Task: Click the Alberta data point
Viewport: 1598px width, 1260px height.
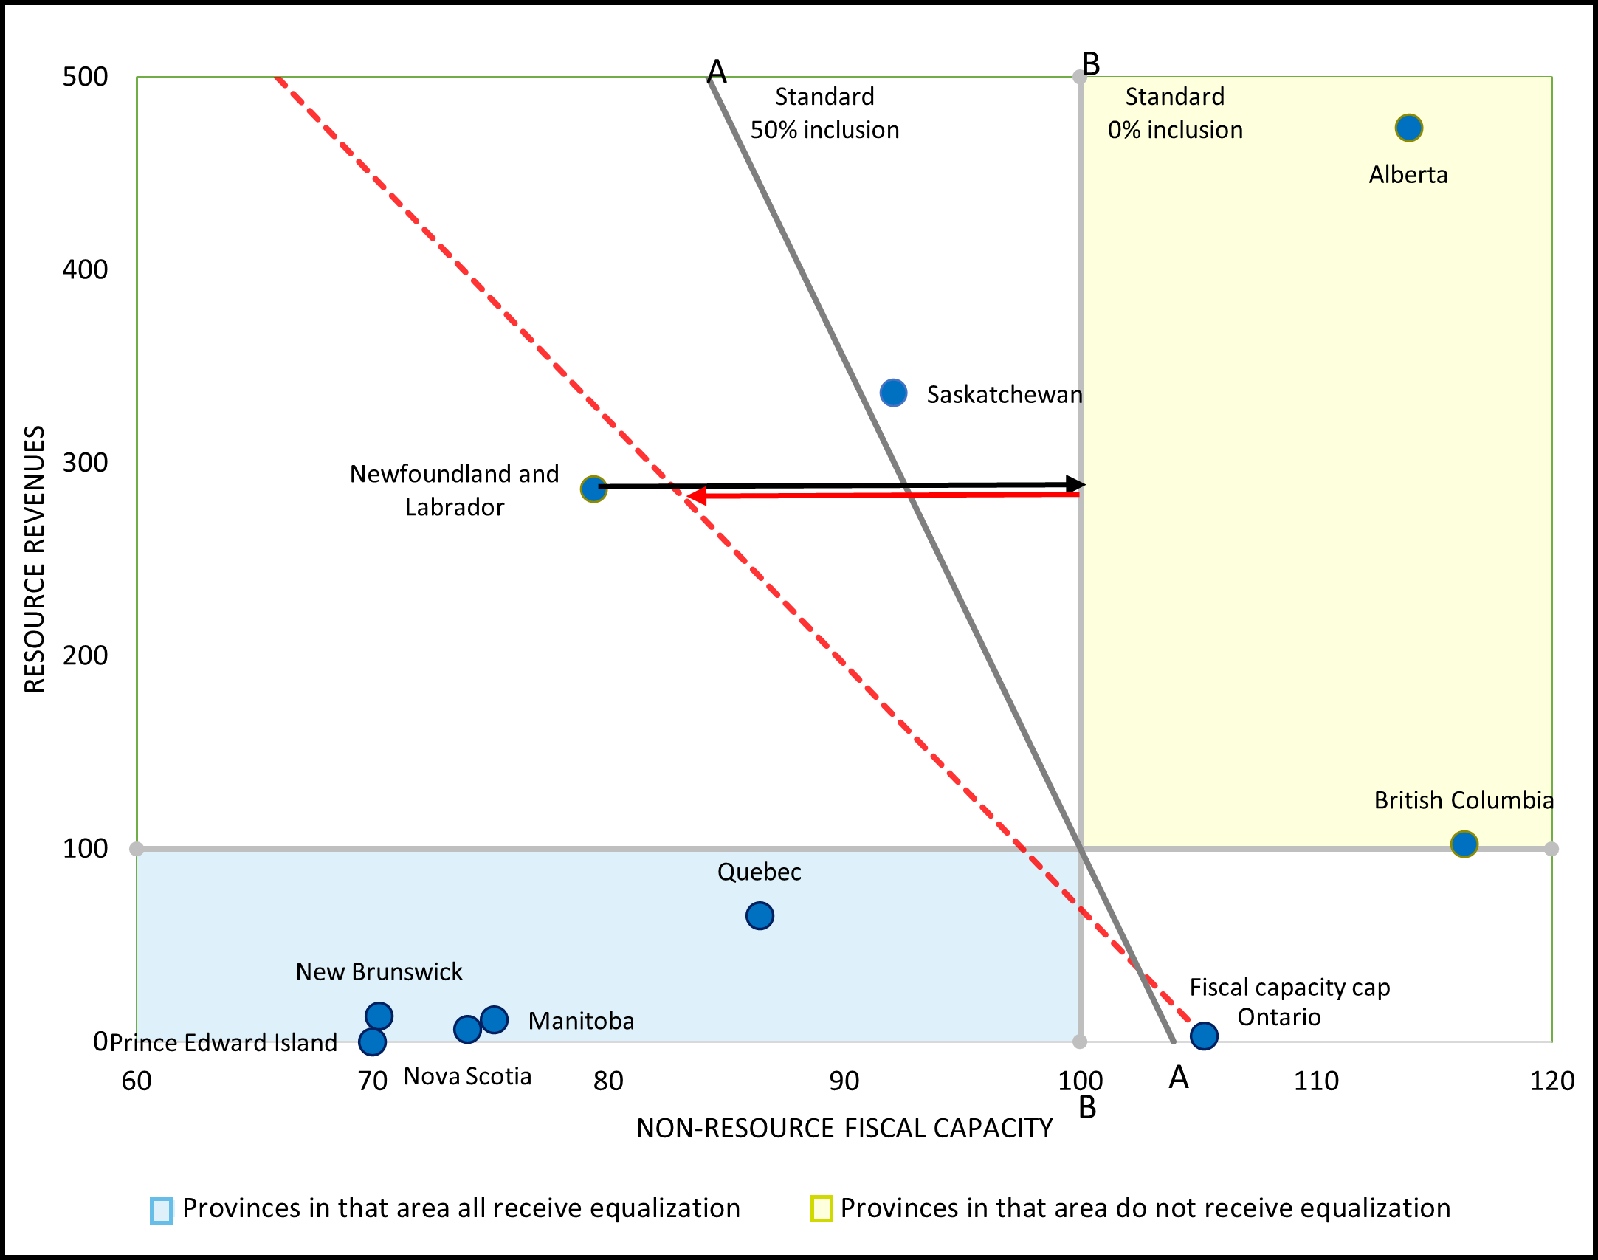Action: pos(1408,128)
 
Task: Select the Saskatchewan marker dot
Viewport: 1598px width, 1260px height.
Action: pos(893,393)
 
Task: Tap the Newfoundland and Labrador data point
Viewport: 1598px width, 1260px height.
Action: pos(593,489)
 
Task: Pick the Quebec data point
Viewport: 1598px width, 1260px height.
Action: pos(760,916)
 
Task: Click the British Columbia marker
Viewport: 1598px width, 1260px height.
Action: pos(1464,844)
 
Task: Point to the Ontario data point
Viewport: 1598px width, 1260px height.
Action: pos(1204,1036)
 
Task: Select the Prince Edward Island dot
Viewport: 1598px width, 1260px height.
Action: pos(372,1042)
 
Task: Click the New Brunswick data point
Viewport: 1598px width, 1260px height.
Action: pos(379,1016)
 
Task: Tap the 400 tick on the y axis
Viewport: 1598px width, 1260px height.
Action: pos(85,269)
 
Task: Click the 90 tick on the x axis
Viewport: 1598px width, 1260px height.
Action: pos(844,1081)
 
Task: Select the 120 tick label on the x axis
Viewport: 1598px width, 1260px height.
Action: pos(1551,1081)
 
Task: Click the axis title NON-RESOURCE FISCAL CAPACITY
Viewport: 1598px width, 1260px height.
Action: pos(844,1128)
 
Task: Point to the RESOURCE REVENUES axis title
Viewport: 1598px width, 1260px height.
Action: pos(35,559)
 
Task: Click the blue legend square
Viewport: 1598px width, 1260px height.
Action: pos(161,1210)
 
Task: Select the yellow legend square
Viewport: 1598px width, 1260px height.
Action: pos(821,1208)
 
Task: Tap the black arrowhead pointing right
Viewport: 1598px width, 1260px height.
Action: pos(1076,484)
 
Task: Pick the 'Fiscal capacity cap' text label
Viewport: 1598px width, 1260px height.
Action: pos(1289,987)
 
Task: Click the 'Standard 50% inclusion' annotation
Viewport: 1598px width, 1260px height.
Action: pos(824,113)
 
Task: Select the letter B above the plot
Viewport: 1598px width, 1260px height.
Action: pos(1090,64)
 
